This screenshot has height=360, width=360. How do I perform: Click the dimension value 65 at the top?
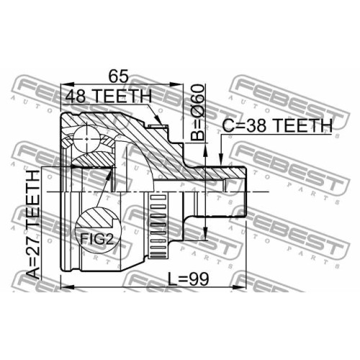tap(119, 76)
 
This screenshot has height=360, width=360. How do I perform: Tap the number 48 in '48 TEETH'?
tap(76, 96)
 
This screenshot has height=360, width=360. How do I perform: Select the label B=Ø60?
tap(197, 112)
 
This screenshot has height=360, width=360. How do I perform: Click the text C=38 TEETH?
tap(277, 125)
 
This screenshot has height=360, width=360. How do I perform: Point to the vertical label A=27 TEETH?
tap(33, 224)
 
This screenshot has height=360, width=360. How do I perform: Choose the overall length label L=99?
tap(188, 279)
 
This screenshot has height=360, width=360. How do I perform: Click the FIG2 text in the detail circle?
tap(96, 238)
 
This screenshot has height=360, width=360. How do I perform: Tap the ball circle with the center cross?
tap(86, 139)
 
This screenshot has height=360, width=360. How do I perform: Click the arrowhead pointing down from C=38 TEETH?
tap(221, 160)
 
